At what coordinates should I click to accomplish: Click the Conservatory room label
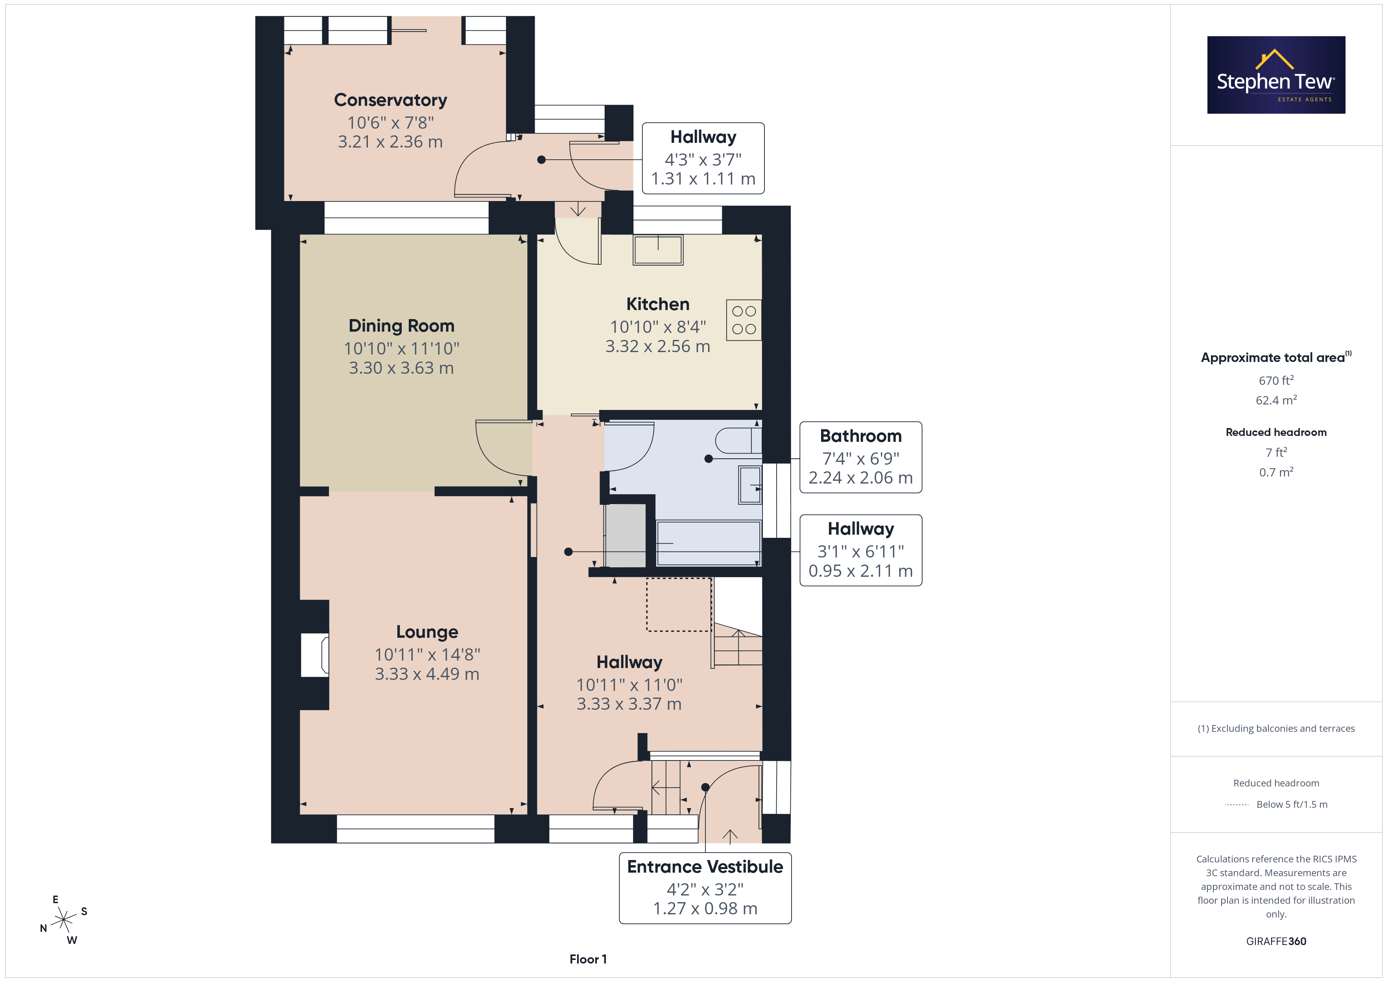pyautogui.click(x=391, y=100)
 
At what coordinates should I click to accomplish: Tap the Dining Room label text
pyautogui.click(x=401, y=326)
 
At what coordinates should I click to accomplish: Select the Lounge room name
pyautogui.click(x=427, y=632)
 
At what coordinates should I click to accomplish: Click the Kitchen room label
pyautogui.click(x=658, y=304)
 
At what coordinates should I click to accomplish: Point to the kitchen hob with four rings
pyautogui.click(x=744, y=320)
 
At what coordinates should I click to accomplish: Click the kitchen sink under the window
pyautogui.click(x=658, y=250)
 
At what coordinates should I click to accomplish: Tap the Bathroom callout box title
pyautogui.click(x=860, y=436)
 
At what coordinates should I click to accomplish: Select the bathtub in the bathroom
pyautogui.click(x=709, y=543)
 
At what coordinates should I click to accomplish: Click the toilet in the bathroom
pyautogui.click(x=738, y=441)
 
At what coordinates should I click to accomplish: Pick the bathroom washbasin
pyautogui.click(x=749, y=485)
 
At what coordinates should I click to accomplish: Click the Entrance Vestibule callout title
pyautogui.click(x=705, y=867)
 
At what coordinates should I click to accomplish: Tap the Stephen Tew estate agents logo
pyautogui.click(x=1276, y=75)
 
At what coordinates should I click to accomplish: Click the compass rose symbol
pyautogui.click(x=63, y=920)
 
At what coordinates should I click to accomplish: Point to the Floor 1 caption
pyautogui.click(x=588, y=960)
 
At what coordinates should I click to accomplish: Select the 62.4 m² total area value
pyautogui.click(x=1276, y=400)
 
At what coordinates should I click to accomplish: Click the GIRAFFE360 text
pyautogui.click(x=1276, y=941)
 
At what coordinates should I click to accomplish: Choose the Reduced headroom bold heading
pyautogui.click(x=1276, y=432)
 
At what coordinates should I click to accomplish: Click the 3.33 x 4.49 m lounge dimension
pyautogui.click(x=427, y=674)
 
